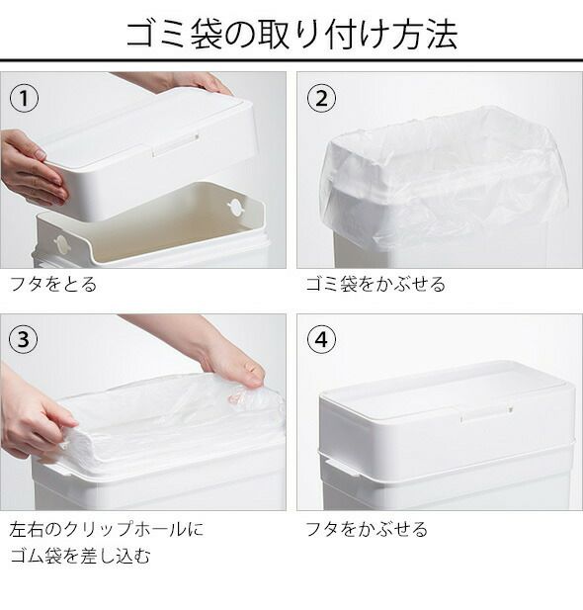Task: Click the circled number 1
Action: point(24,98)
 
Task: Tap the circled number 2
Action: point(321,98)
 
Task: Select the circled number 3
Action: point(24,339)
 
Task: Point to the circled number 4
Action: point(321,339)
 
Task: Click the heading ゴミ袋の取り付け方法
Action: point(291,35)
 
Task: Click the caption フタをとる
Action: point(53,284)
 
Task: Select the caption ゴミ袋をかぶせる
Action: point(375,284)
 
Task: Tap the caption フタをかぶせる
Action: point(367,530)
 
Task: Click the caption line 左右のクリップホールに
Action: point(106,530)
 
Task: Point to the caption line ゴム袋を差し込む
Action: point(80,556)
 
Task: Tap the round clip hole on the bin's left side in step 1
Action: point(60,244)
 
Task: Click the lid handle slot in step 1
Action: point(175,144)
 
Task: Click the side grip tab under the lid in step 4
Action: point(343,468)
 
